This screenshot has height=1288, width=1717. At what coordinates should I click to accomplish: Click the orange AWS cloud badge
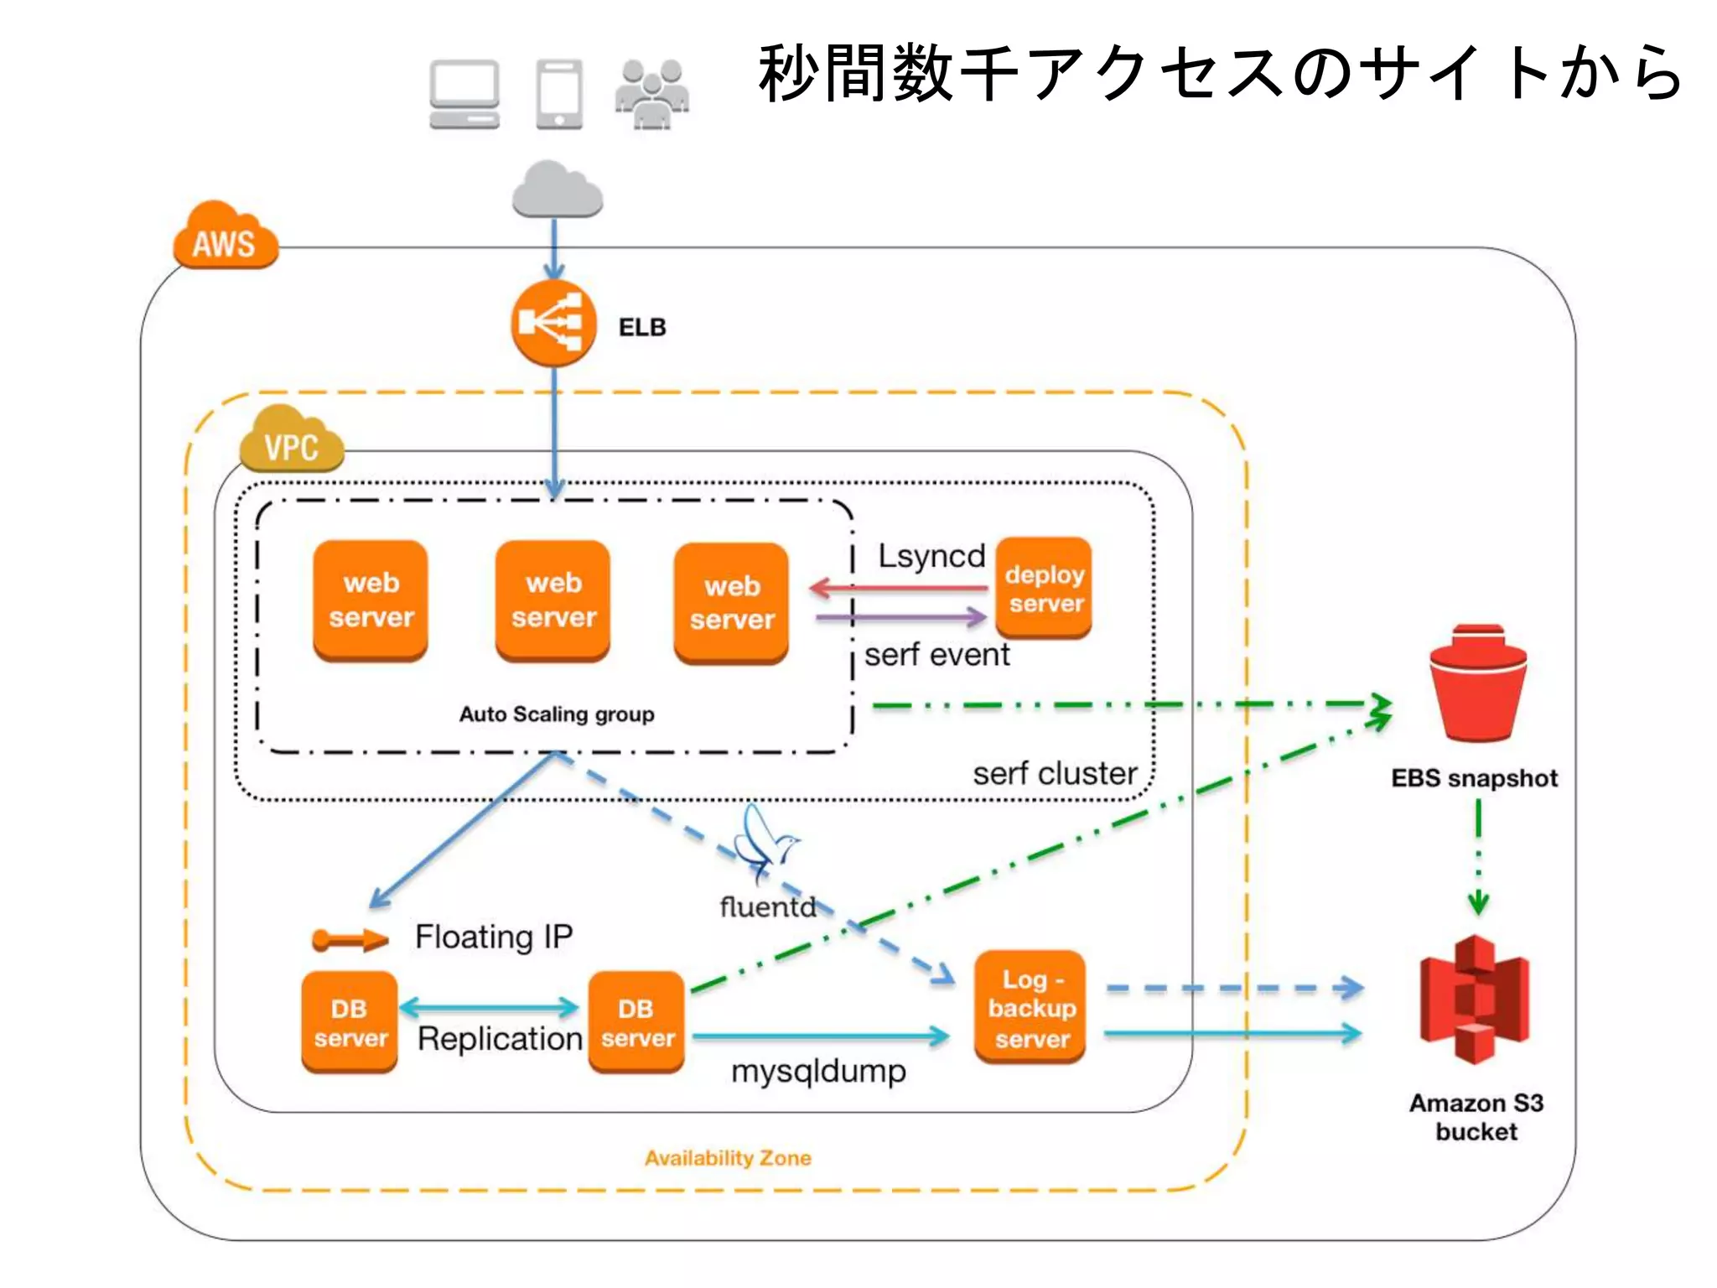coord(225,238)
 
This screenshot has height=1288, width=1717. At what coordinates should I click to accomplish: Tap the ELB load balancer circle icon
coord(553,324)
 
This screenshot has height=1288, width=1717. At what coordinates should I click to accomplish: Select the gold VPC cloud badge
coord(291,442)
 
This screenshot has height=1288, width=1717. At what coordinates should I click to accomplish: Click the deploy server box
coord(1044,589)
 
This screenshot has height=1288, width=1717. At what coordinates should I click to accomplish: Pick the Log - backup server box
coord(1030,1008)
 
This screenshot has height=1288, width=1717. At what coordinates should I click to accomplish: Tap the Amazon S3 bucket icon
coord(1475,1000)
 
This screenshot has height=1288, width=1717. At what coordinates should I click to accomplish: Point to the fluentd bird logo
coord(764,843)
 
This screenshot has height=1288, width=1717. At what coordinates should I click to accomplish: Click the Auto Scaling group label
coord(557,714)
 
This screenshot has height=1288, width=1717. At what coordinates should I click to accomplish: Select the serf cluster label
coord(1055,773)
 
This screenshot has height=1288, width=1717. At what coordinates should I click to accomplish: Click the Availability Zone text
coord(728,1158)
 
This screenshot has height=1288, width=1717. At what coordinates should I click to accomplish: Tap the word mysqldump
coord(818,1072)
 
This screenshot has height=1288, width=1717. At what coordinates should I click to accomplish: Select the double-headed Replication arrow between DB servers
coord(490,1007)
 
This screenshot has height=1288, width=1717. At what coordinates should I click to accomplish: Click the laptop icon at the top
coord(464,94)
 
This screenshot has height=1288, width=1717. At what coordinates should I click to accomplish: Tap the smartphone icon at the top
coord(559,94)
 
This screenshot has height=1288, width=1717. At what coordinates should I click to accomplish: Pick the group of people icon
coord(652,94)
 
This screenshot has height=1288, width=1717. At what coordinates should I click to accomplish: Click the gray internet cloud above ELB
coord(557,190)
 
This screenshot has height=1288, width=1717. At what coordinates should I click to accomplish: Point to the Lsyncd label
coord(931,556)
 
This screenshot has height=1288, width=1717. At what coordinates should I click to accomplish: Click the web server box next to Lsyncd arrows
coord(731,603)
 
